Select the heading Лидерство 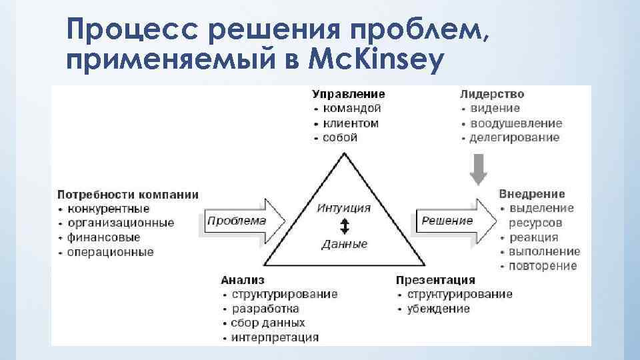tap(492, 95)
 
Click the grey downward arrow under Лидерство tap(478, 169)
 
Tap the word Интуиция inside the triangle tap(345, 208)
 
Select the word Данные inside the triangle tap(345, 244)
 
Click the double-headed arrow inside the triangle tap(344, 226)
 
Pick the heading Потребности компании tap(128, 195)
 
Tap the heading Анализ tap(243, 280)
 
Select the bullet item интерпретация tap(275, 337)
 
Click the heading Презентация tap(435, 280)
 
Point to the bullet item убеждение tap(439, 309)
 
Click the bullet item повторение tap(543, 266)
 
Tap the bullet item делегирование tap(515, 138)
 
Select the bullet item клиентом tap(351, 123)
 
